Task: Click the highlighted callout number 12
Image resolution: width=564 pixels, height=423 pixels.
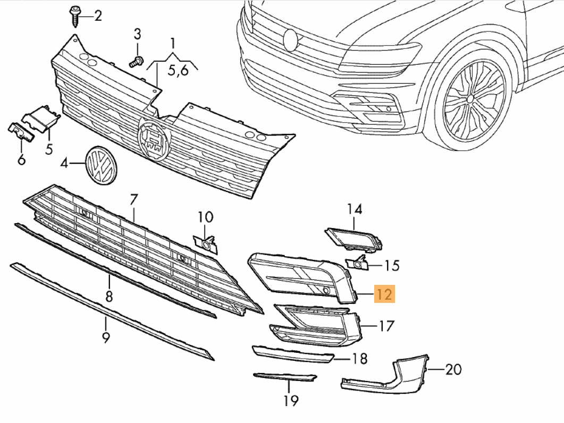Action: tap(384, 293)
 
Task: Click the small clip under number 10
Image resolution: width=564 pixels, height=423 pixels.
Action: tap(206, 242)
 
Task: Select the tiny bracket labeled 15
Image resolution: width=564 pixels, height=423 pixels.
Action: tap(357, 263)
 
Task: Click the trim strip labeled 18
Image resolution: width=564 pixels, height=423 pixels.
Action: tap(292, 354)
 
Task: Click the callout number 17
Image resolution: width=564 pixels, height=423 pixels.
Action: tap(386, 325)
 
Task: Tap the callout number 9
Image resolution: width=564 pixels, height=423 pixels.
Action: tap(105, 336)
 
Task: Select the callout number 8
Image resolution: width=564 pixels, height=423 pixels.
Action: tap(108, 295)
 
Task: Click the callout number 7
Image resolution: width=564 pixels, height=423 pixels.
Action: tap(133, 200)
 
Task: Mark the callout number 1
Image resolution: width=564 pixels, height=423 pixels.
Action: tap(172, 42)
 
